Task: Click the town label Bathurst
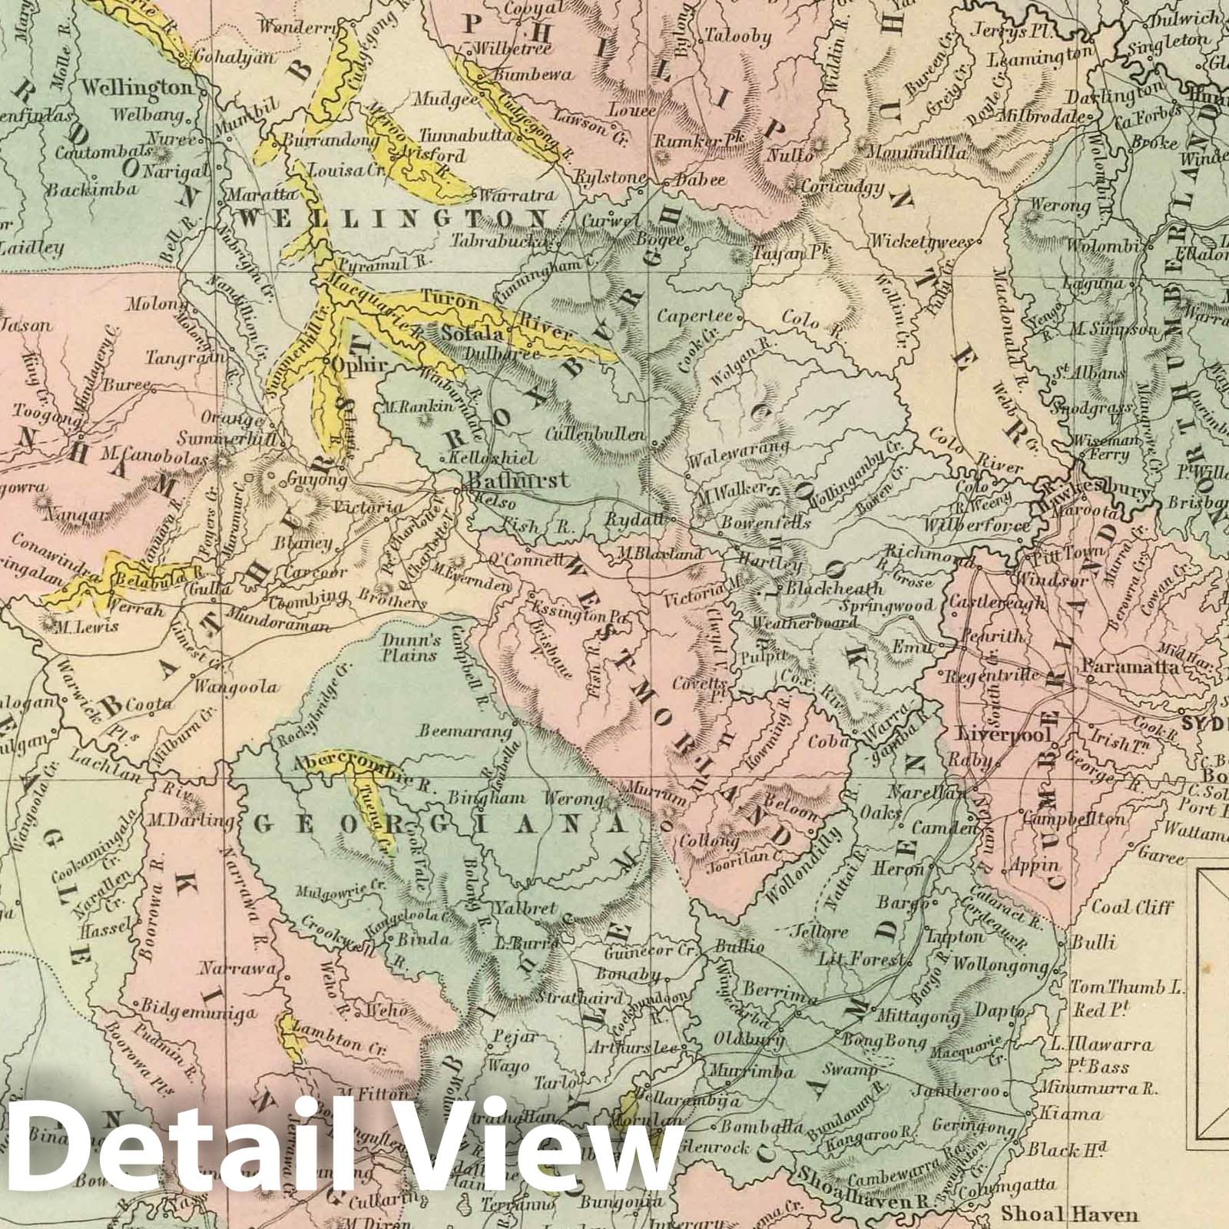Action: [520, 480]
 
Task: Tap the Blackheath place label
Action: [831, 589]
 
